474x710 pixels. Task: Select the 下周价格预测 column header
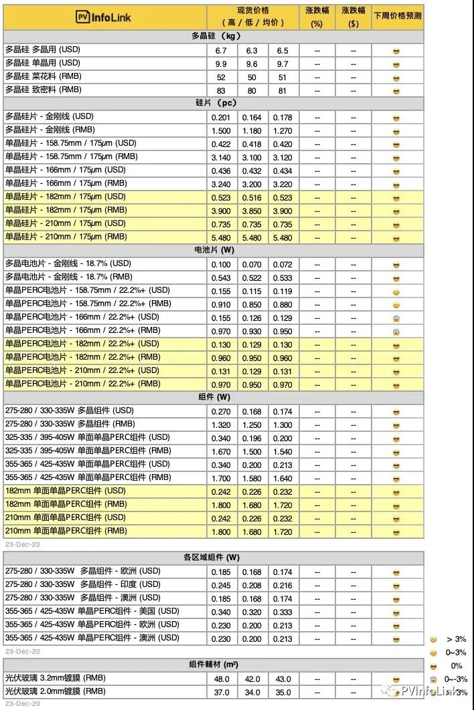point(398,15)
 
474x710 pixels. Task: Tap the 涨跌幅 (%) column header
point(317,17)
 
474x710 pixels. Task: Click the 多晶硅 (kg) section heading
point(214,37)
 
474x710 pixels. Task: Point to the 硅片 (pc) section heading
point(214,104)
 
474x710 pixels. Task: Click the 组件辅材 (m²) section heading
point(214,665)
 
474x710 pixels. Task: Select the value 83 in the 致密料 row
point(222,90)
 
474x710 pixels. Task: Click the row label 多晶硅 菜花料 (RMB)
point(43,77)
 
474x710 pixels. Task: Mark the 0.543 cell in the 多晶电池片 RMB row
point(222,277)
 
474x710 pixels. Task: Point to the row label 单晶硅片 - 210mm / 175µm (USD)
point(66,223)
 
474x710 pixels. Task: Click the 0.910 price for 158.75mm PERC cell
point(222,304)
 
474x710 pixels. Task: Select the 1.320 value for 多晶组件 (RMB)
point(222,425)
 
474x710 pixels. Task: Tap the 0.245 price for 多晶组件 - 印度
point(222,584)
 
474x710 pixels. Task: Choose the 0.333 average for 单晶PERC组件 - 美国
point(283,611)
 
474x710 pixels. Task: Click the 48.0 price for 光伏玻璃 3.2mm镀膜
point(222,679)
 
